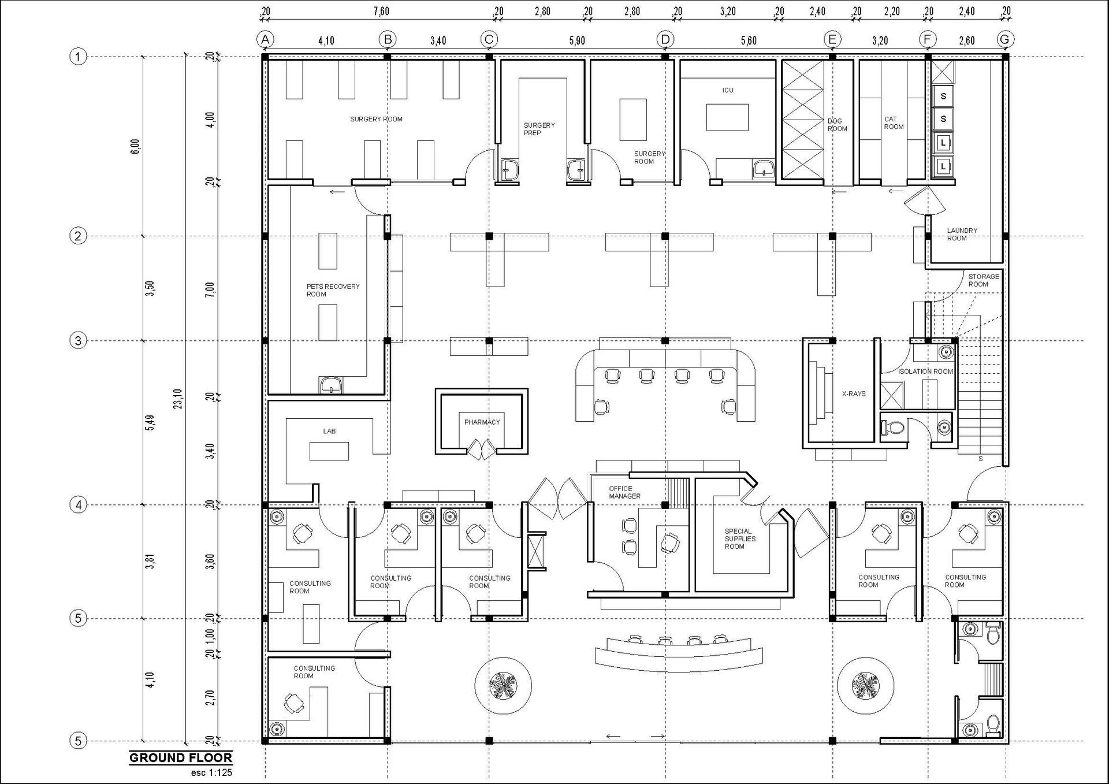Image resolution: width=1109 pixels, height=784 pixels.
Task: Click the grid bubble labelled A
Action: point(265,39)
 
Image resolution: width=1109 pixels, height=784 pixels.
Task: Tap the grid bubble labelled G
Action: point(1005,39)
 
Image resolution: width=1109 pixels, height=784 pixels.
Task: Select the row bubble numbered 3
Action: point(78,340)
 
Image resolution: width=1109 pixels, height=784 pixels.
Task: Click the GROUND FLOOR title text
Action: point(181,757)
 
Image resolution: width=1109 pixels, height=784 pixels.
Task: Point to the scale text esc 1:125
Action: point(211,772)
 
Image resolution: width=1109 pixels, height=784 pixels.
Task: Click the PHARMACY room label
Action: point(482,422)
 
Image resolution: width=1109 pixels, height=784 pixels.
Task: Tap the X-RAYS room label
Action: point(854,394)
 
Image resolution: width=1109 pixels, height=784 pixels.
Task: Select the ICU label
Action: point(728,90)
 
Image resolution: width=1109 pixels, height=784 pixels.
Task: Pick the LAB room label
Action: point(329,431)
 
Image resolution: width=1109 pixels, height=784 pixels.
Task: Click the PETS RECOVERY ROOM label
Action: point(333,290)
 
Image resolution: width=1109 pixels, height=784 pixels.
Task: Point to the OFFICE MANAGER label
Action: point(624,492)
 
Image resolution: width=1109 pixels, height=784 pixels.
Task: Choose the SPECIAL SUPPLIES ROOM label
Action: point(740,538)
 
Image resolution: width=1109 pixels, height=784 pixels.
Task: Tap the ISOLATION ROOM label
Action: point(925,371)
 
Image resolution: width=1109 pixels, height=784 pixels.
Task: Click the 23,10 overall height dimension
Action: point(178,399)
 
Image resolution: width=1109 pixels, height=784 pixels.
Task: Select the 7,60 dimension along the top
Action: point(381,11)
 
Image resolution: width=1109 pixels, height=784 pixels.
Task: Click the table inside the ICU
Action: point(728,117)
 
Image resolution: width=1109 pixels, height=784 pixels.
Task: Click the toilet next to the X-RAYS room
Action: point(892,428)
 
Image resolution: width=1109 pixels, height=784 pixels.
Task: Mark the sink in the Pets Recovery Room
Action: point(331,385)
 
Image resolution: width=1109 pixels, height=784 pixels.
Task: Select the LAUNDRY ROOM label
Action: point(962,234)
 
